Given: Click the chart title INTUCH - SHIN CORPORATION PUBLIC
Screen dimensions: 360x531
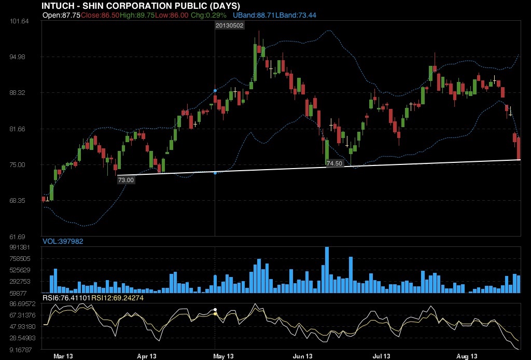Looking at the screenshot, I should tap(141, 6).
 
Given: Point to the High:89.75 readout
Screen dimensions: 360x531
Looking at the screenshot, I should tap(137, 16).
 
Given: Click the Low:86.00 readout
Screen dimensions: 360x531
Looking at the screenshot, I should tap(172, 16).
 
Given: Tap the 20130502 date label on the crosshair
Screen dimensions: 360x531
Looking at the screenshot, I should tap(229, 25).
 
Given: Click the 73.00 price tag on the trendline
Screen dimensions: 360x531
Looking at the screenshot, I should tap(126, 180).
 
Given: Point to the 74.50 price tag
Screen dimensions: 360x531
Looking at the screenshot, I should tap(334, 163).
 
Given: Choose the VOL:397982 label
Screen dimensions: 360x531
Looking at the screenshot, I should tap(63, 241).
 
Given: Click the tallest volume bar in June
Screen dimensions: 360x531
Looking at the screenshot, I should tap(327, 270).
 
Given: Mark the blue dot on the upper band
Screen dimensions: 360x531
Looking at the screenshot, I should tap(215, 91).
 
